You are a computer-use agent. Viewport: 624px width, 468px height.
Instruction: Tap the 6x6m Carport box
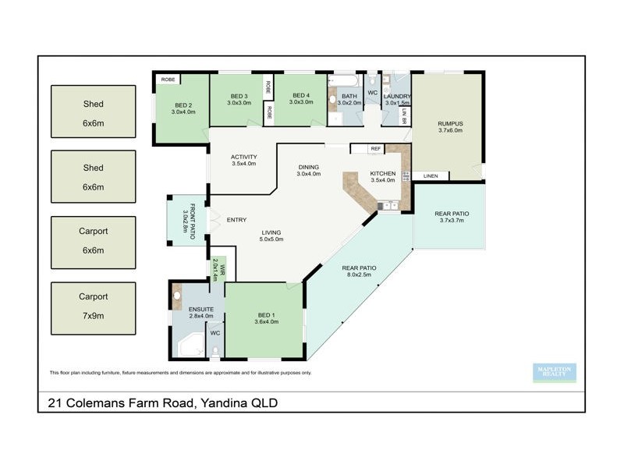pos(93,241)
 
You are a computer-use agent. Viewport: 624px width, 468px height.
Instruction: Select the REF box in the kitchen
pos(375,148)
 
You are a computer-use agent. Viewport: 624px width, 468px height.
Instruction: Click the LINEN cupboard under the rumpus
pos(431,176)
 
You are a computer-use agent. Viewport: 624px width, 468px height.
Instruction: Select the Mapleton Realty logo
pos(554,373)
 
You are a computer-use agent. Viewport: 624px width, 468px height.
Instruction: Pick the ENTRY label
pos(236,220)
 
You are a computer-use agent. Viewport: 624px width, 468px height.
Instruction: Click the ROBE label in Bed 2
pos(167,80)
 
